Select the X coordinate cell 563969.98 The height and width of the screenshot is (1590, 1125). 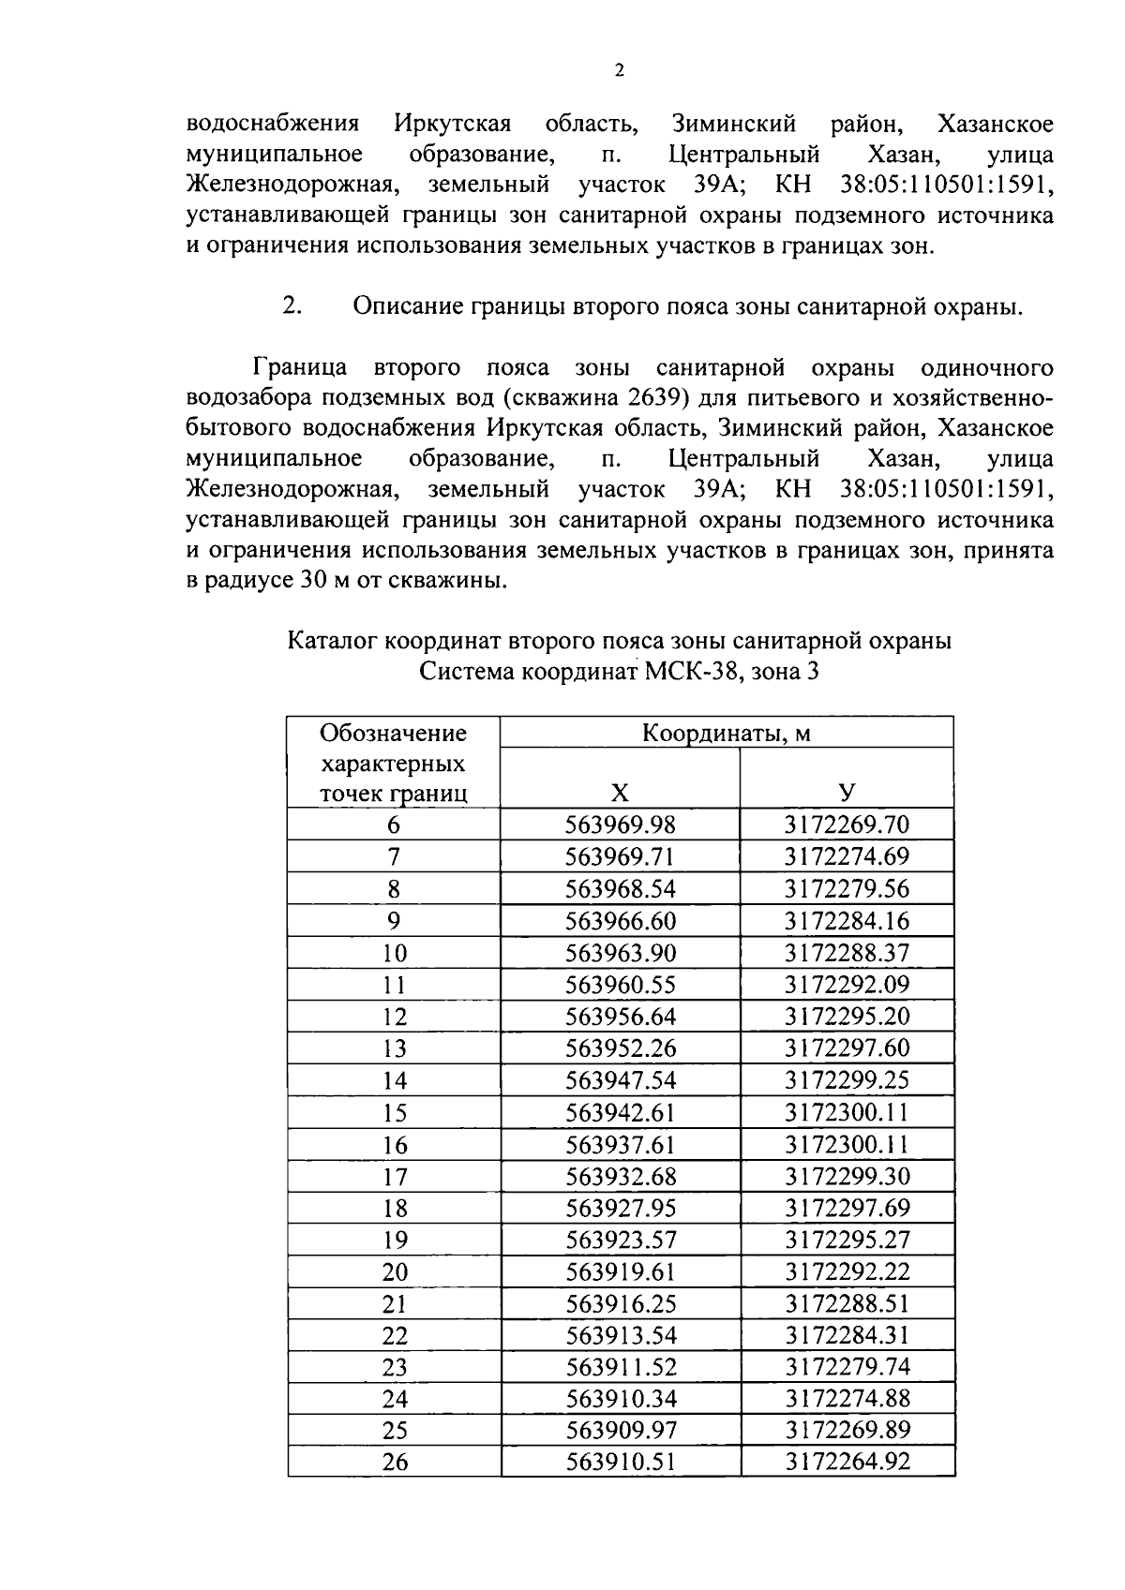point(620,825)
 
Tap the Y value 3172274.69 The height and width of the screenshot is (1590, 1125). point(847,856)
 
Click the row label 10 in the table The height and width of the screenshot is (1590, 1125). point(395,954)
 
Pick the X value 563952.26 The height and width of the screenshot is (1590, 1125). point(620,1048)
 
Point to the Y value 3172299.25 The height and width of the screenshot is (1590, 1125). point(847,1080)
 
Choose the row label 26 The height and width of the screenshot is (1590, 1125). point(395,1462)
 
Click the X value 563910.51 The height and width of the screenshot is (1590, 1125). point(621,1462)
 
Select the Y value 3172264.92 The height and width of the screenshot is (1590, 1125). point(847,1462)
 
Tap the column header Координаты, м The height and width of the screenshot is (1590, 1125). point(726,734)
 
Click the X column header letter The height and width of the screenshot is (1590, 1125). point(620,794)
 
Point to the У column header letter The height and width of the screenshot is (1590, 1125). point(847,794)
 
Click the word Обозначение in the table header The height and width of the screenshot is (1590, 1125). point(393,733)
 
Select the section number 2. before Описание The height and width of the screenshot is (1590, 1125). point(292,306)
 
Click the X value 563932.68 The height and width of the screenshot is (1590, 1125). point(621,1176)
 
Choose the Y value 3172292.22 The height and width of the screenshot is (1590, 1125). point(847,1271)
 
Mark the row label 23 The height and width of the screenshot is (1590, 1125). point(395,1367)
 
